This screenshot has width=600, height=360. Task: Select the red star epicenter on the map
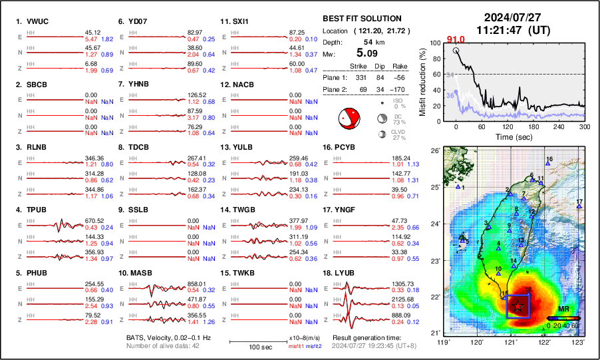[518, 305]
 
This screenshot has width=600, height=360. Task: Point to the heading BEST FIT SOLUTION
[362, 19]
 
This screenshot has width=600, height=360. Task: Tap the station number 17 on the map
[580, 202]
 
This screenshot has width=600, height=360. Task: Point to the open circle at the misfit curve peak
[456, 50]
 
